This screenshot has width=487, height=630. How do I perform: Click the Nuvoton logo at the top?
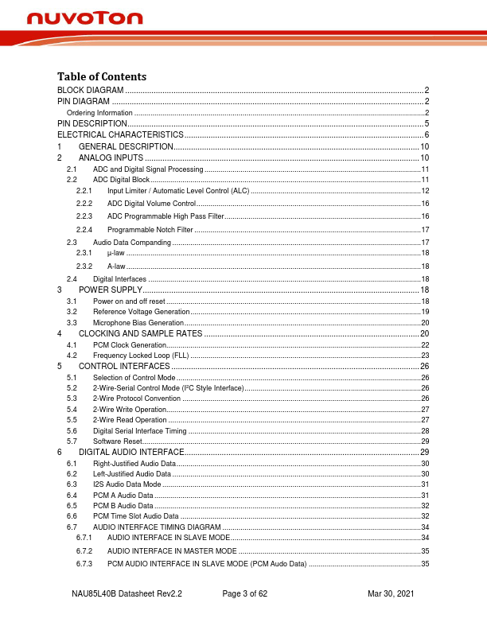(x=84, y=17)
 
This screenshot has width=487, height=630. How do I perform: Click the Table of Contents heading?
(x=102, y=76)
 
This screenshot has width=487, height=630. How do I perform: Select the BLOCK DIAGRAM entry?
(x=90, y=91)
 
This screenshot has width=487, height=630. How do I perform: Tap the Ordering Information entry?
(x=99, y=113)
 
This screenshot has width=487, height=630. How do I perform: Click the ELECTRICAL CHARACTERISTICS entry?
(x=120, y=135)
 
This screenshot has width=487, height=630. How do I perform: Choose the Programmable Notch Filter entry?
(x=150, y=229)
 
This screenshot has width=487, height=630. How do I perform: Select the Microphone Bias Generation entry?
(x=138, y=322)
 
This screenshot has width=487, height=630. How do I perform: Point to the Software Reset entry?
(x=117, y=441)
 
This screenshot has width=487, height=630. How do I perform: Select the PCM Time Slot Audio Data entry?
(x=136, y=516)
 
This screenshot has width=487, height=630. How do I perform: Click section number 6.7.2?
(x=84, y=550)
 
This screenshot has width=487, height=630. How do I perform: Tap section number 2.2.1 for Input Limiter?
(x=84, y=191)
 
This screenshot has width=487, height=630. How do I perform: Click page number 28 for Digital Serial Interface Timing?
(x=425, y=430)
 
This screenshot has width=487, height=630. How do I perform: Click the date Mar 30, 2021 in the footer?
(x=391, y=594)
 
